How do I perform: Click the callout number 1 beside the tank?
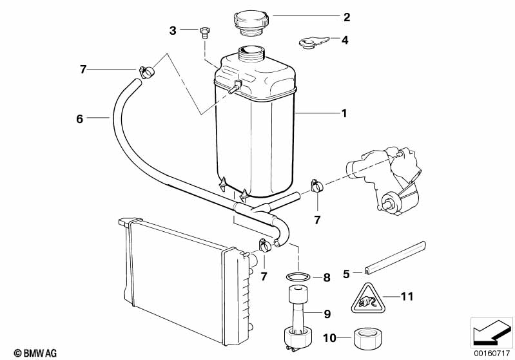(x=344, y=113)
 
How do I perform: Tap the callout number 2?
(x=346, y=17)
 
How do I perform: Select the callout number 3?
(x=173, y=30)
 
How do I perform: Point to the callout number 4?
(x=345, y=40)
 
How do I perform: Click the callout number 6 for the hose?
(x=80, y=118)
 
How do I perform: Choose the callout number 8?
(x=327, y=278)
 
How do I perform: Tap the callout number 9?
(x=327, y=314)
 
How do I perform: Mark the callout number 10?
(x=327, y=337)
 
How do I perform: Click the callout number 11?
(x=406, y=297)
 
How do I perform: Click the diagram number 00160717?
(x=491, y=352)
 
